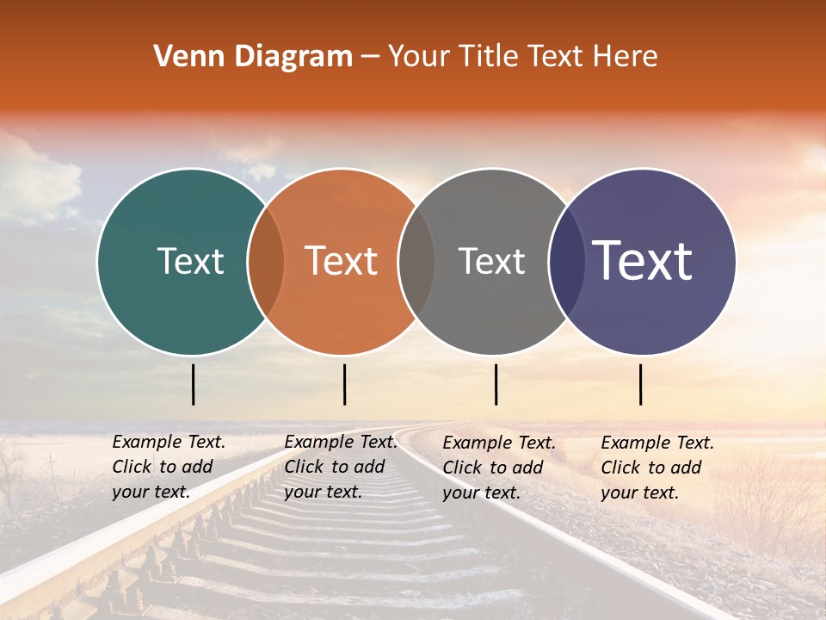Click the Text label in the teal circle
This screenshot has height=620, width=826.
tap(190, 261)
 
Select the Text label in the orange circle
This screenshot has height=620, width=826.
tap(342, 261)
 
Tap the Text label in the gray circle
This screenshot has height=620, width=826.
tap(492, 261)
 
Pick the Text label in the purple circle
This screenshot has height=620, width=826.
tap(643, 261)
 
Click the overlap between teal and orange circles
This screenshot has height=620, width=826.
tap(266, 261)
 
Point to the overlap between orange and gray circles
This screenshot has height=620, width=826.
tap(416, 261)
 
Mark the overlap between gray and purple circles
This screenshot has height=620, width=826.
tap(566, 261)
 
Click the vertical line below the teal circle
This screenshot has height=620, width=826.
tap(194, 384)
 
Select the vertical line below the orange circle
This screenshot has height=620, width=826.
tap(344, 384)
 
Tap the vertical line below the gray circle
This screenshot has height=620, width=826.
tap(496, 384)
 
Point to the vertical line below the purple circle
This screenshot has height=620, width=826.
tap(641, 384)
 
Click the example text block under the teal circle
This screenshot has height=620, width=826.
tap(169, 467)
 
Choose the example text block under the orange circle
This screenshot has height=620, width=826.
tap(341, 467)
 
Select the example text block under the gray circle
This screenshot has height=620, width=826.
tap(499, 468)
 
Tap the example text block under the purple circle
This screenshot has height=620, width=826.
tap(657, 468)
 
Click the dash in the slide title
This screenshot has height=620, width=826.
tap(370, 57)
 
